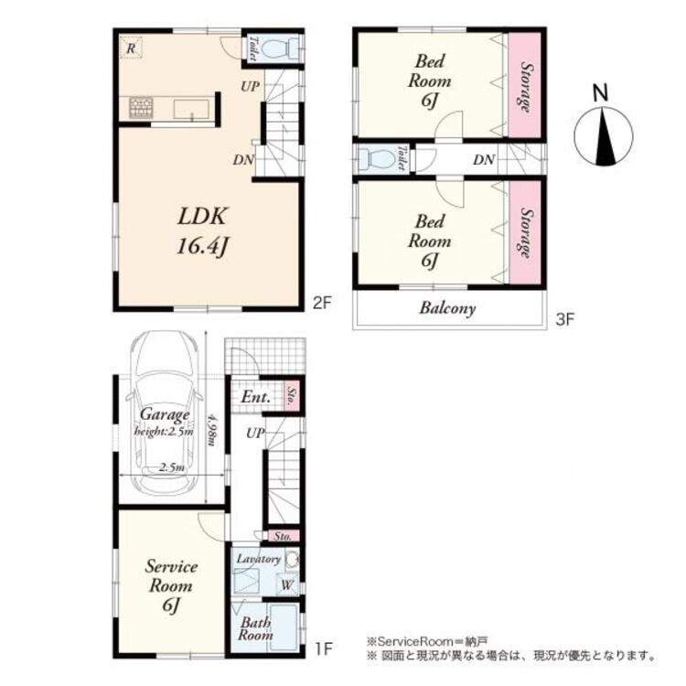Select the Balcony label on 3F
[447, 308]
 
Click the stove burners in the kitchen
[141, 108]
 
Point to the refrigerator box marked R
[133, 48]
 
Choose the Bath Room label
[255, 628]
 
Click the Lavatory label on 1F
[258, 558]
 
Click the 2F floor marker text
[319, 301]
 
